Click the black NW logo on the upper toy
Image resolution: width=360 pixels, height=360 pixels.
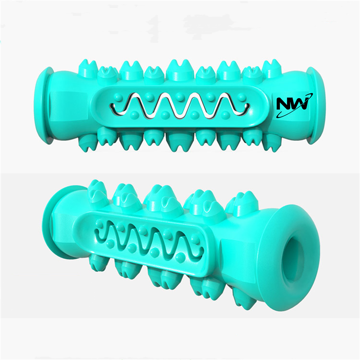pyautogui.click(x=293, y=105)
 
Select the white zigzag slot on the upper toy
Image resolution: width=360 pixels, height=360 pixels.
pyautogui.click(x=180, y=105)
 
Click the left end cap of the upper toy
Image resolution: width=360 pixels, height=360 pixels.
pyautogui.click(x=44, y=105)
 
